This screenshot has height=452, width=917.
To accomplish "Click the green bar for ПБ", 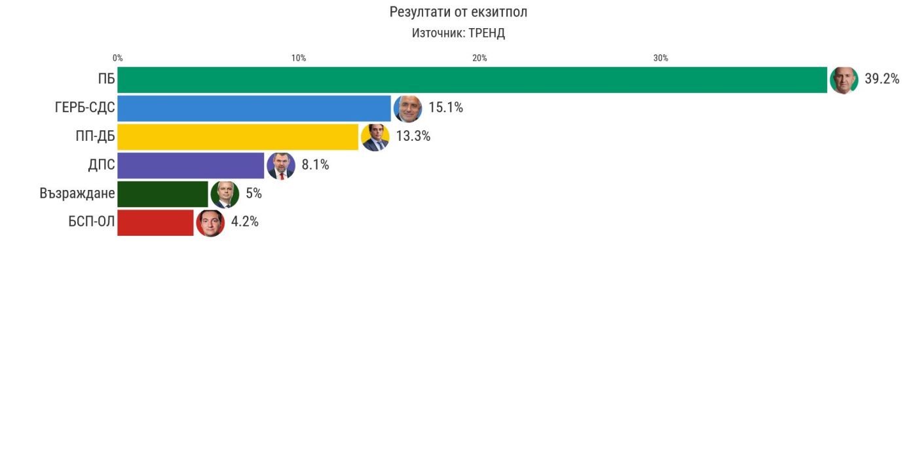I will (x=472, y=80).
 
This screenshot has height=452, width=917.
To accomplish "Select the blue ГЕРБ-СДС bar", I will (x=254, y=108).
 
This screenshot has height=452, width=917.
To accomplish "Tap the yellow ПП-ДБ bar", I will (x=238, y=137).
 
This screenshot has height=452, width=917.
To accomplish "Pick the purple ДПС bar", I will (x=191, y=165).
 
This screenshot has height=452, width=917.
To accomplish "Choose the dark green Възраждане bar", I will (x=162, y=194).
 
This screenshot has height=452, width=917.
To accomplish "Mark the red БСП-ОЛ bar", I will (x=155, y=222).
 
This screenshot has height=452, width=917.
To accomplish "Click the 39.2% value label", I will (x=882, y=79).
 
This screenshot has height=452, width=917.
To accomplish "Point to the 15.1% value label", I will (x=445, y=107).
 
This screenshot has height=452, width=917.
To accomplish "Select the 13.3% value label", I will (x=413, y=136).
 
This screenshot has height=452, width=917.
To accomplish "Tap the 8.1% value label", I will (x=315, y=165).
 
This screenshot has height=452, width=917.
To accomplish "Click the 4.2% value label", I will (x=244, y=222).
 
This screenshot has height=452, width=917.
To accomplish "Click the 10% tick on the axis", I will (x=299, y=58).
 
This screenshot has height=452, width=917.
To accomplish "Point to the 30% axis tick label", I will (x=661, y=58).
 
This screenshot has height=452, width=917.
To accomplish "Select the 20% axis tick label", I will (x=479, y=58).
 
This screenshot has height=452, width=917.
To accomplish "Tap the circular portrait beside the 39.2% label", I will (x=844, y=80).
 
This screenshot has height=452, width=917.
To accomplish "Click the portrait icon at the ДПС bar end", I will (x=281, y=166).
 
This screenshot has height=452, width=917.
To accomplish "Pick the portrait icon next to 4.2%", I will (x=210, y=223).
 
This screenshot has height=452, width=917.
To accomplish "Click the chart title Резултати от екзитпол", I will (x=458, y=12).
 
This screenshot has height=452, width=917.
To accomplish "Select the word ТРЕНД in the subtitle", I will (x=487, y=33).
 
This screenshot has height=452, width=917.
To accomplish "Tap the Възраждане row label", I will (x=77, y=194).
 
